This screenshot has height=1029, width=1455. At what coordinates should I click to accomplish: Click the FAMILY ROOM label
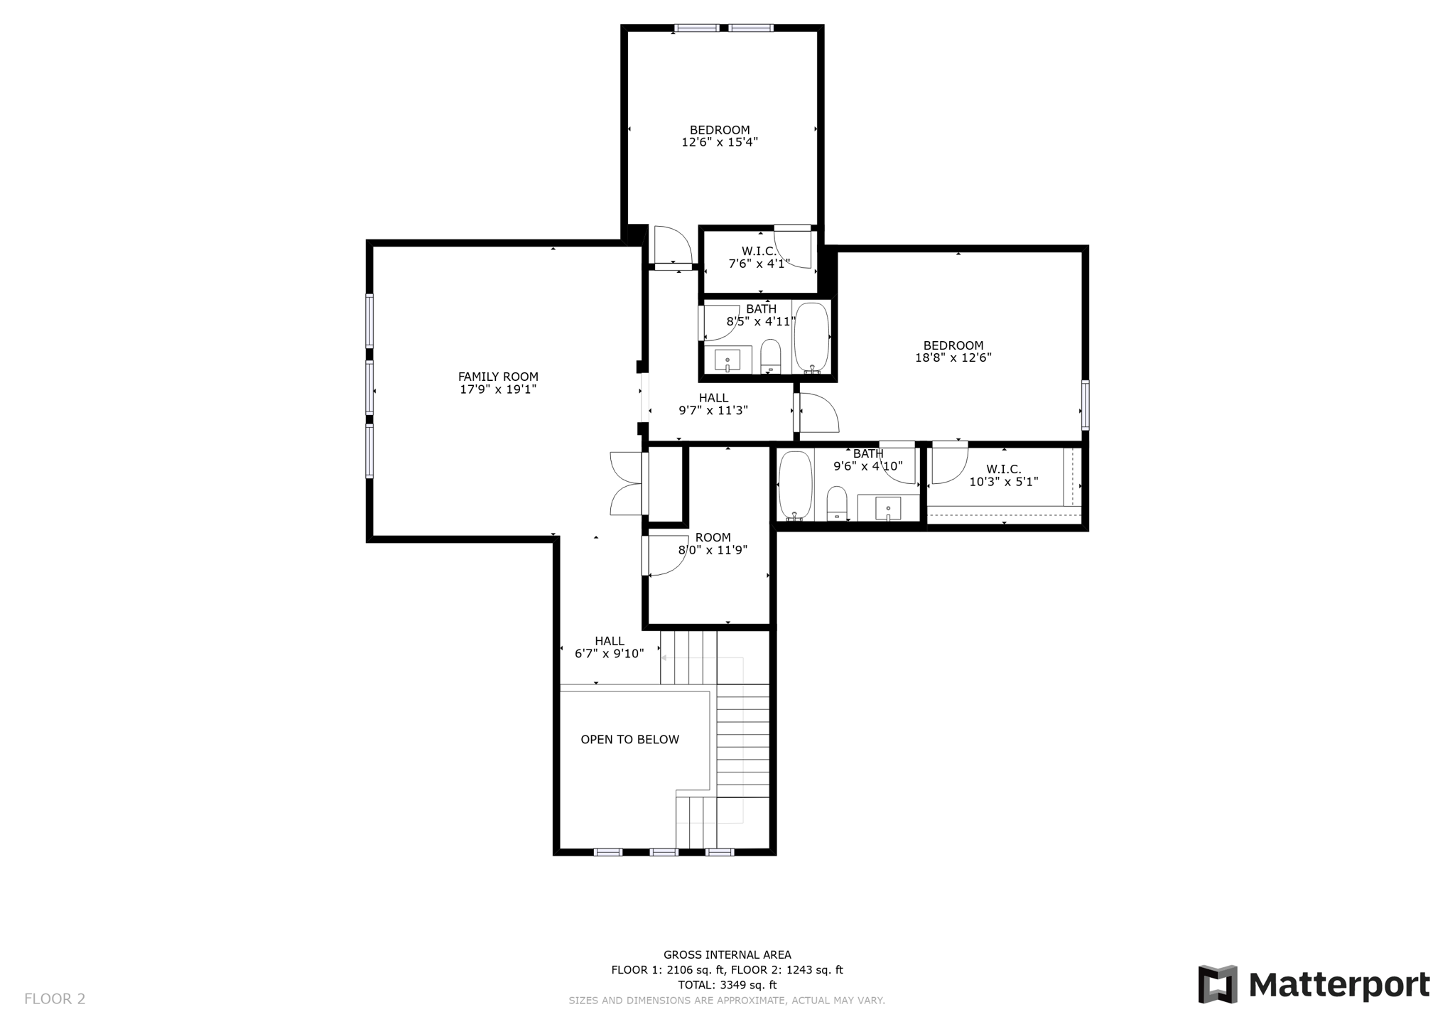tap(498, 377)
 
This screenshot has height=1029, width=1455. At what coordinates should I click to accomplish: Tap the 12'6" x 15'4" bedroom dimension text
tap(720, 142)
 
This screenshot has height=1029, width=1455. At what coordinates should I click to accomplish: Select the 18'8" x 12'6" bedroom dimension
tap(953, 358)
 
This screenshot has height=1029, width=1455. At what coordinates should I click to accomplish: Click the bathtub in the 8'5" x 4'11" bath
tap(811, 337)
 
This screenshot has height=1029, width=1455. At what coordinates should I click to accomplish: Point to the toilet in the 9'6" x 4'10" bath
tap(838, 503)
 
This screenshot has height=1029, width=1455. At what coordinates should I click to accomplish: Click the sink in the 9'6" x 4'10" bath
tap(888, 507)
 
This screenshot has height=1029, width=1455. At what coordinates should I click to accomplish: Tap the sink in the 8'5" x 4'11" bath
tap(727, 360)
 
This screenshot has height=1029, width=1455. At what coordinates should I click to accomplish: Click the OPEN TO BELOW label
tap(630, 740)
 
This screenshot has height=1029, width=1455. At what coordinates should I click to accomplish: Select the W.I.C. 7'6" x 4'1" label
tap(759, 257)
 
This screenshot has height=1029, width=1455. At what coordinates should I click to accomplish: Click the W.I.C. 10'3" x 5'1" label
tap(1003, 475)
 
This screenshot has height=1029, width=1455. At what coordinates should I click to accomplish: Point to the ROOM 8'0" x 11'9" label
tap(713, 544)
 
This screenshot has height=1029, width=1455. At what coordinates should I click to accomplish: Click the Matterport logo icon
tap(1218, 984)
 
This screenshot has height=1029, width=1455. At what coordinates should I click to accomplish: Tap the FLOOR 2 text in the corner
tap(55, 999)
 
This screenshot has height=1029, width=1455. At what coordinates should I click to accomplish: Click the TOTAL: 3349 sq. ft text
tap(727, 985)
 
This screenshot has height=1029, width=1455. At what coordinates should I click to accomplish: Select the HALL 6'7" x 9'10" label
tap(609, 647)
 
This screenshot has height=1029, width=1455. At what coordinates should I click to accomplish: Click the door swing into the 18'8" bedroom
tap(817, 412)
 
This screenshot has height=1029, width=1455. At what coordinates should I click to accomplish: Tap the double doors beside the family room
tap(627, 483)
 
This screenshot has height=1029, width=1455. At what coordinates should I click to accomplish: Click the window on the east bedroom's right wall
tap(1085, 405)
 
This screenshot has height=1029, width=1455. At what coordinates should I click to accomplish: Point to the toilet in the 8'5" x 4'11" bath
tap(771, 356)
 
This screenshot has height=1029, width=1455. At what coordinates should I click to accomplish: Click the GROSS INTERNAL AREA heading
tap(727, 955)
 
